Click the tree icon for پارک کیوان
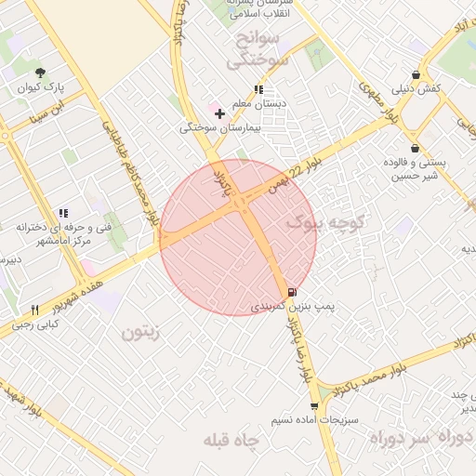[x=40, y=73]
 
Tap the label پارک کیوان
[x=40, y=89]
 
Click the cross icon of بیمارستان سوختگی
[x=219, y=113]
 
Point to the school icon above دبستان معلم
[x=258, y=90]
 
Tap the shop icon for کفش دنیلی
[x=415, y=74]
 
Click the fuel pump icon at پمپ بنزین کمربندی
[x=294, y=290]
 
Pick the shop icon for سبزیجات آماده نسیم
[x=314, y=405]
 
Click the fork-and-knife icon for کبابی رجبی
[x=34, y=310]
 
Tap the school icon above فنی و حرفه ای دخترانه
[x=63, y=213]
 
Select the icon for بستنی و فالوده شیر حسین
[x=415, y=148]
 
